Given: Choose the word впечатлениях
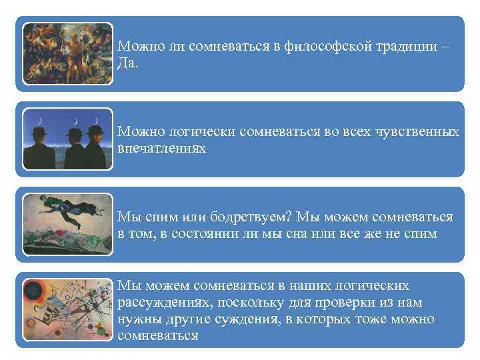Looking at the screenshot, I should [x=162, y=148].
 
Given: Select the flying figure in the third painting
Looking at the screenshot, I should [x=66, y=212].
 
